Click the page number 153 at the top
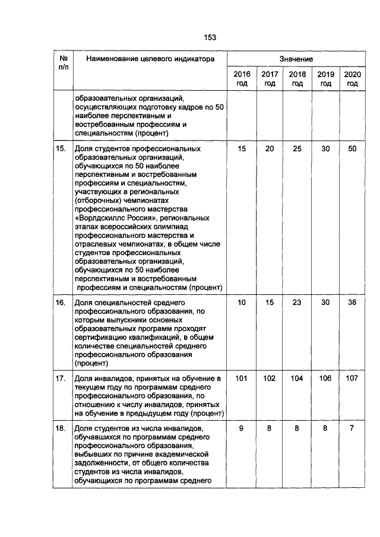(210, 37)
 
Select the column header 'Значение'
(296, 59)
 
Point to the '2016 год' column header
(242, 79)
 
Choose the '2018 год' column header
(297, 79)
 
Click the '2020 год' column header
(353, 79)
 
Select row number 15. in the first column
(61, 149)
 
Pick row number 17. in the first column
(61, 377)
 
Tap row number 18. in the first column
(61, 428)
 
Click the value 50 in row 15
(353, 149)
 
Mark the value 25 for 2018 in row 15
(297, 149)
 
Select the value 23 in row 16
(297, 303)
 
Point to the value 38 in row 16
(353, 303)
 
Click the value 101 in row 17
(242, 377)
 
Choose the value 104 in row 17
(297, 377)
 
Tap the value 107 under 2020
(353, 377)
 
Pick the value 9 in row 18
(242, 428)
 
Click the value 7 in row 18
(353, 428)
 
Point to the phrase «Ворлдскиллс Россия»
(111, 218)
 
